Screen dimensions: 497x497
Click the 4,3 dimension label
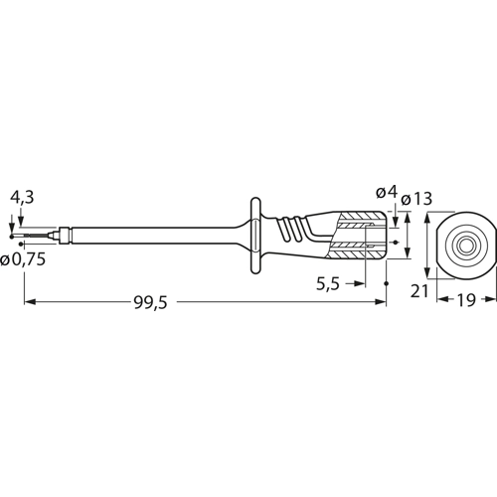[21, 199]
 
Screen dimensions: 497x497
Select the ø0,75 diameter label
[23, 260]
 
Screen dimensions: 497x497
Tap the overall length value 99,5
[150, 305]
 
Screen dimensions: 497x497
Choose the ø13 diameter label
[418, 199]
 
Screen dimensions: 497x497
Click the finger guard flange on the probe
[256, 240]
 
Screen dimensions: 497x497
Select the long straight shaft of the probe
[149, 240]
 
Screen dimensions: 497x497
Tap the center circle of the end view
[463, 241]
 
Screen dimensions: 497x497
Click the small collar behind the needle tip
[62, 240]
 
